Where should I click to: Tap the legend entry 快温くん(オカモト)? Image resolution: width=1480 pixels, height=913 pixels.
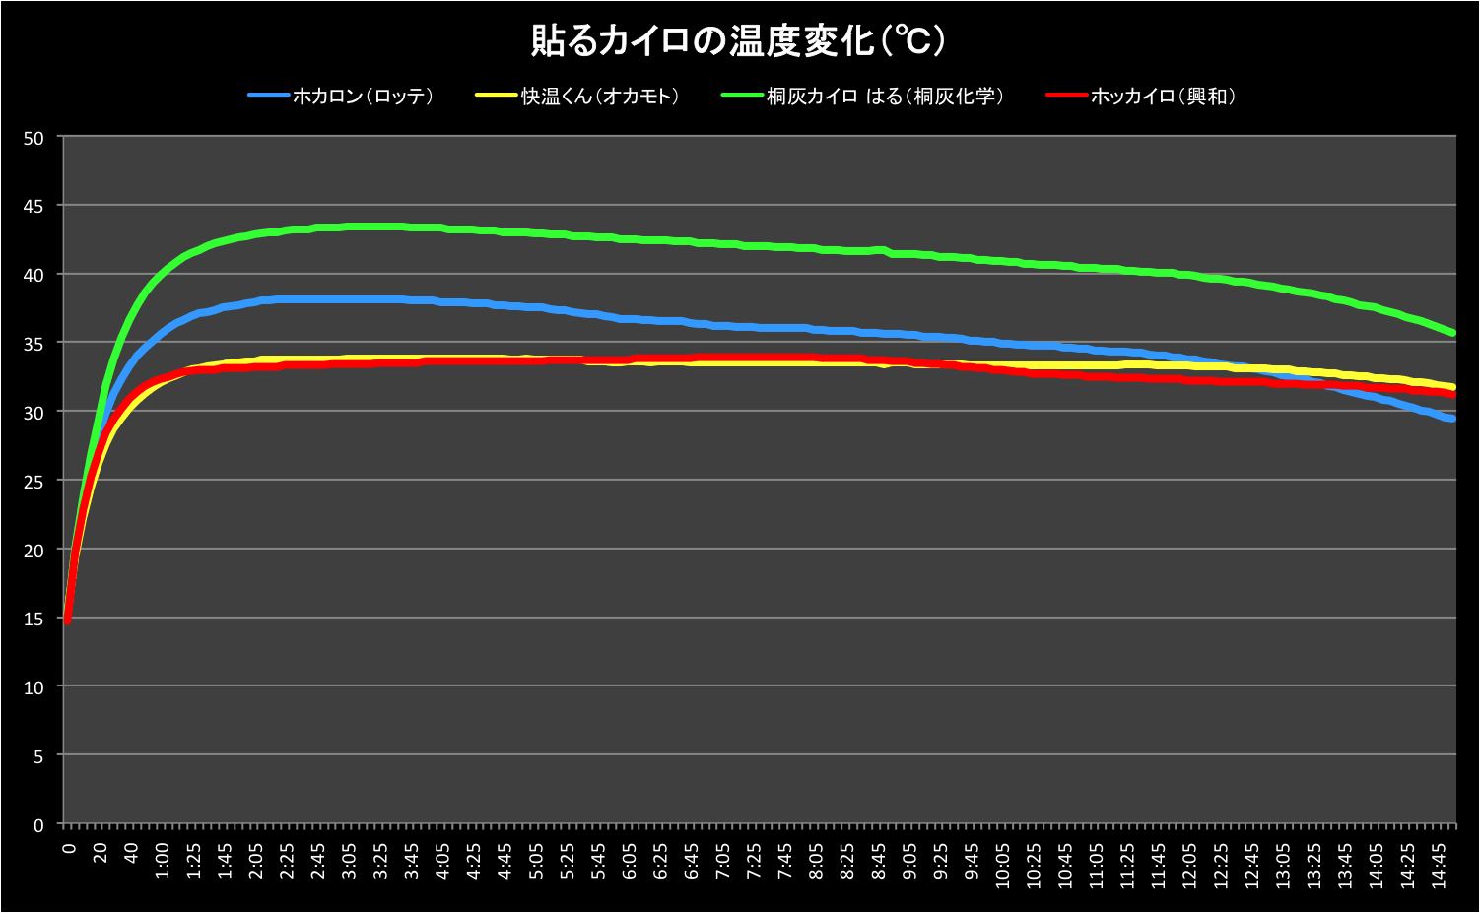tap(599, 97)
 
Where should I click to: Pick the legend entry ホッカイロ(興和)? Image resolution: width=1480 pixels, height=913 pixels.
tap(1163, 97)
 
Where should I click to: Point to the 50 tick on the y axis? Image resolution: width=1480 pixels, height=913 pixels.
tap(34, 138)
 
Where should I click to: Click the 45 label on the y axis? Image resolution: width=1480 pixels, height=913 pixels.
tap(34, 206)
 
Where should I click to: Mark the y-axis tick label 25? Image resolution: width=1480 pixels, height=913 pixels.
tap(34, 482)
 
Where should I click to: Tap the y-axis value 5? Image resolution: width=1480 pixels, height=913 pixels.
tap(38, 757)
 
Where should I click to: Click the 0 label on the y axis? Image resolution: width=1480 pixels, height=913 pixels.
tap(38, 825)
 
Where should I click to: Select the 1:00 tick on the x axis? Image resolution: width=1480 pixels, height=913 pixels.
tap(163, 859)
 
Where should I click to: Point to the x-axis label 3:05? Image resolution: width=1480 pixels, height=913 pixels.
tap(350, 859)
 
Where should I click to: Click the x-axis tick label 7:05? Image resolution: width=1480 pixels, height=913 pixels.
tap(723, 859)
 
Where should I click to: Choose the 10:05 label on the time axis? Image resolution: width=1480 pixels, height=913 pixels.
tap(1003, 859)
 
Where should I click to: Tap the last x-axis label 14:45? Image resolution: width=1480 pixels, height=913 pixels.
tap(1439, 859)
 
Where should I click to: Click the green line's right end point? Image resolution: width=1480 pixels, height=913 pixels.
tap(1452, 333)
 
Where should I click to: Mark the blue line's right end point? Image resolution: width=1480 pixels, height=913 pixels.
tap(1452, 419)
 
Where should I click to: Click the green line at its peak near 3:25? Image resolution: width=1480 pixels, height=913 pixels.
tap(380, 227)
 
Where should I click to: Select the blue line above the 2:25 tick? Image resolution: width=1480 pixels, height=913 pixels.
tap(287, 298)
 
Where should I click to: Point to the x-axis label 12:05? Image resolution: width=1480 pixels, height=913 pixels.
tap(1190, 859)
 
